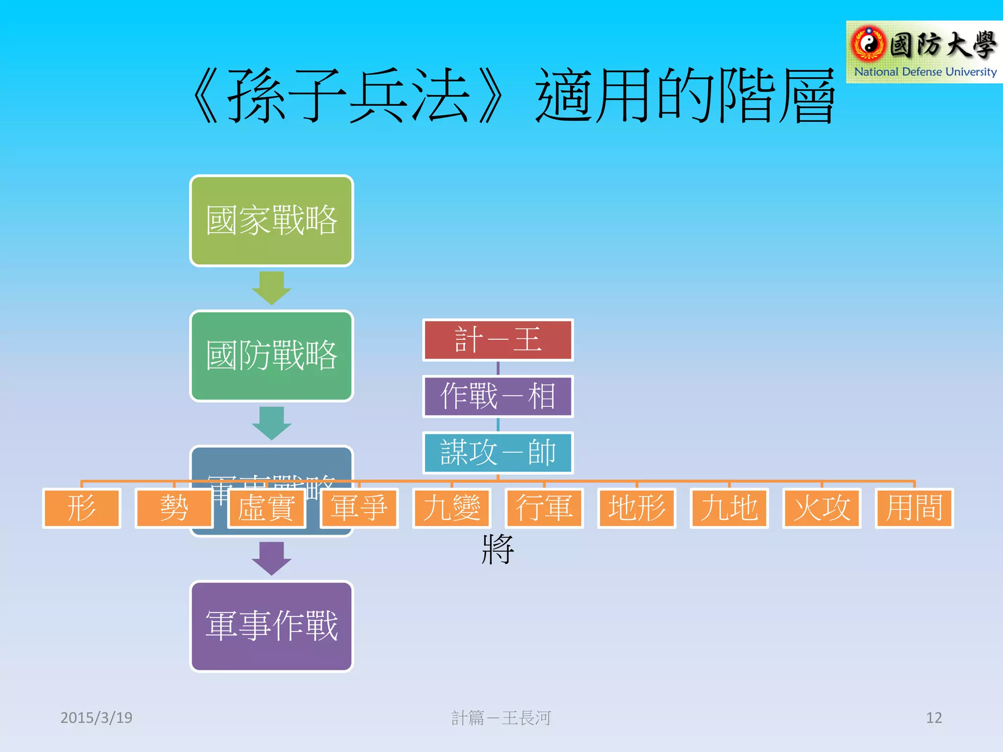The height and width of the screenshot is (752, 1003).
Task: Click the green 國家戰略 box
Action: click(x=271, y=221)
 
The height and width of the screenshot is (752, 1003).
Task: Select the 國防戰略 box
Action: click(x=271, y=356)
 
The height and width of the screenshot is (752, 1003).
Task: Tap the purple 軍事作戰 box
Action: click(x=271, y=626)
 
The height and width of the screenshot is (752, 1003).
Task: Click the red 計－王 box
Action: click(x=498, y=340)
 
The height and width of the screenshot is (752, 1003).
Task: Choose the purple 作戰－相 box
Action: click(x=498, y=397)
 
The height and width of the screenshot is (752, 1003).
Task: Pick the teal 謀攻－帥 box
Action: click(x=498, y=453)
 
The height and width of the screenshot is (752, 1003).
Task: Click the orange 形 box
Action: click(x=81, y=508)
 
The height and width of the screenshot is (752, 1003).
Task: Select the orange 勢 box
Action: click(x=174, y=508)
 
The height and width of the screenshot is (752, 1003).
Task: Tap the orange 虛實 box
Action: click(x=266, y=508)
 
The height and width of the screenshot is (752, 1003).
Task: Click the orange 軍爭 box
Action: click(x=359, y=508)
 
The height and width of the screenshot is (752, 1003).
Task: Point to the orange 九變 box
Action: click(x=452, y=508)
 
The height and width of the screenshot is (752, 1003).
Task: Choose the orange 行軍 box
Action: click(x=544, y=508)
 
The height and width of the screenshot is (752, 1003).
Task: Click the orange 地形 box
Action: click(x=637, y=508)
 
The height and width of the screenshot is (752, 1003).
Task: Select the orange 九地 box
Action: click(x=729, y=508)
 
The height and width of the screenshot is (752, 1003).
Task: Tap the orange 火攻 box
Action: click(x=822, y=508)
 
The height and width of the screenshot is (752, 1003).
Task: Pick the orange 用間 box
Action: click(x=914, y=508)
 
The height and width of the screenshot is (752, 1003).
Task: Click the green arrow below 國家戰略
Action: click(x=271, y=288)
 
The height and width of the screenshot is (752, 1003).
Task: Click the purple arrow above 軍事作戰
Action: click(x=271, y=558)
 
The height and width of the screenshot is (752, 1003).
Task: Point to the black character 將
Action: click(x=498, y=549)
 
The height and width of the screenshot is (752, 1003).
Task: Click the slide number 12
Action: click(x=933, y=718)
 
